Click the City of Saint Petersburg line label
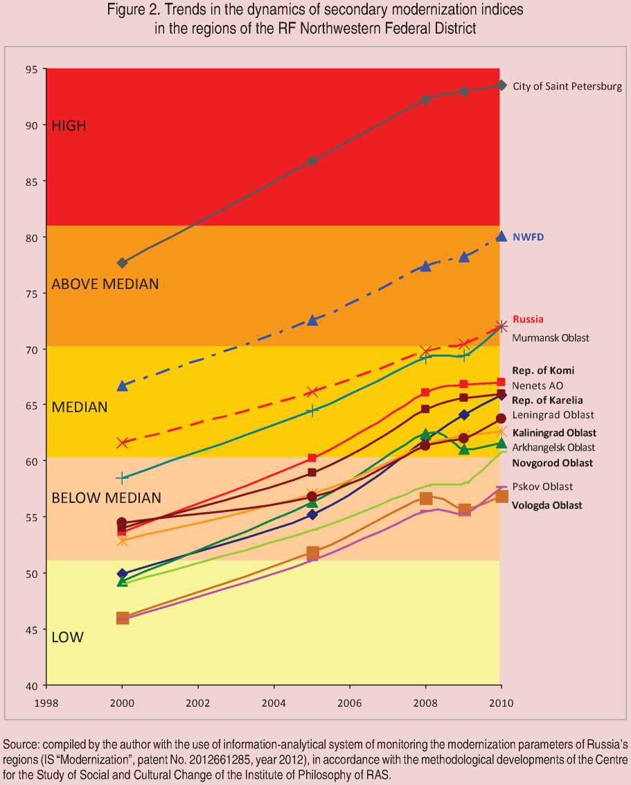[x=567, y=87]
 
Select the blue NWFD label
[x=528, y=236]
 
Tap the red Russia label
[x=528, y=319]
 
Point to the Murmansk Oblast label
[x=551, y=338]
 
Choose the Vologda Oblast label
[x=547, y=505]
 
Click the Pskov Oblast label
[x=542, y=486]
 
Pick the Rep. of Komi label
[x=543, y=370]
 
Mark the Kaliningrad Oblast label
[x=554, y=432]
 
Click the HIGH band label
[x=69, y=125]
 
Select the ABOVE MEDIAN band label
[x=105, y=284]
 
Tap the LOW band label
[x=67, y=637]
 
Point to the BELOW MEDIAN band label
[x=106, y=497]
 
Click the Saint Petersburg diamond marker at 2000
[x=123, y=263]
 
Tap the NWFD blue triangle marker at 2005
[x=312, y=320]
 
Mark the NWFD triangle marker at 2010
[x=501, y=236]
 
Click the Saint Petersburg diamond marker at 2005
[x=312, y=161]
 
